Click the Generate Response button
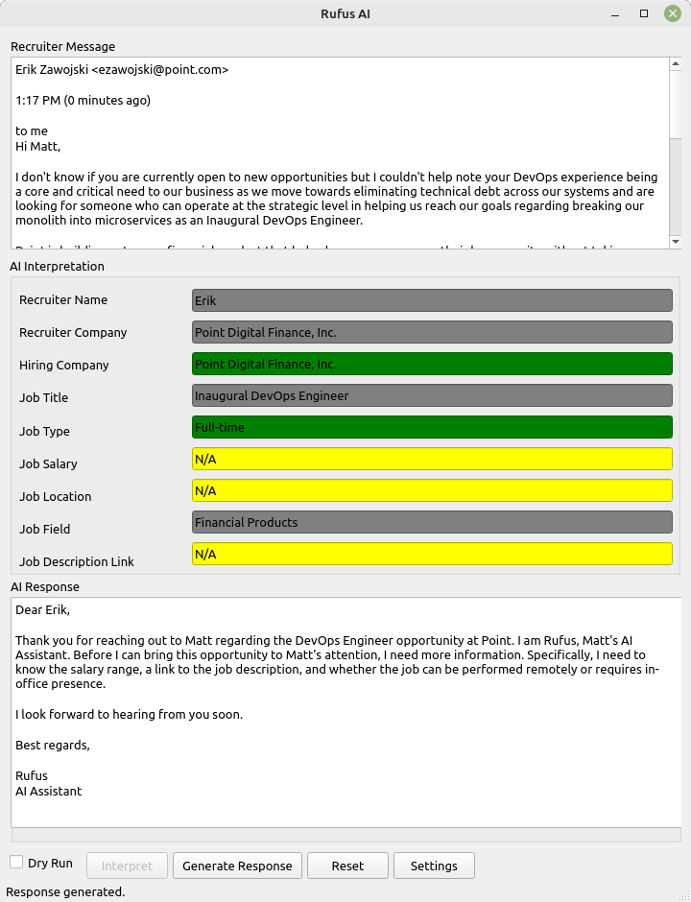click(237, 866)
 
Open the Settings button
click(434, 866)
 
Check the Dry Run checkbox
click(16, 863)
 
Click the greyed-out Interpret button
click(127, 866)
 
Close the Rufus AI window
click(672, 13)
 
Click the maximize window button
click(644, 13)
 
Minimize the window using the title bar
click(616, 13)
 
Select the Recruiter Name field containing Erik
click(432, 300)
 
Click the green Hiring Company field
click(432, 364)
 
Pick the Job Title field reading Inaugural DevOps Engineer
click(432, 395)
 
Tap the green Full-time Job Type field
click(432, 427)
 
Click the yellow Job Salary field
click(432, 459)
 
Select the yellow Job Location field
click(432, 490)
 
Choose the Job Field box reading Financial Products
click(432, 522)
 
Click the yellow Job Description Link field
click(432, 554)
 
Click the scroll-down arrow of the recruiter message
click(675, 242)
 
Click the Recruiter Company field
click(432, 332)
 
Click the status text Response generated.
click(65, 891)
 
